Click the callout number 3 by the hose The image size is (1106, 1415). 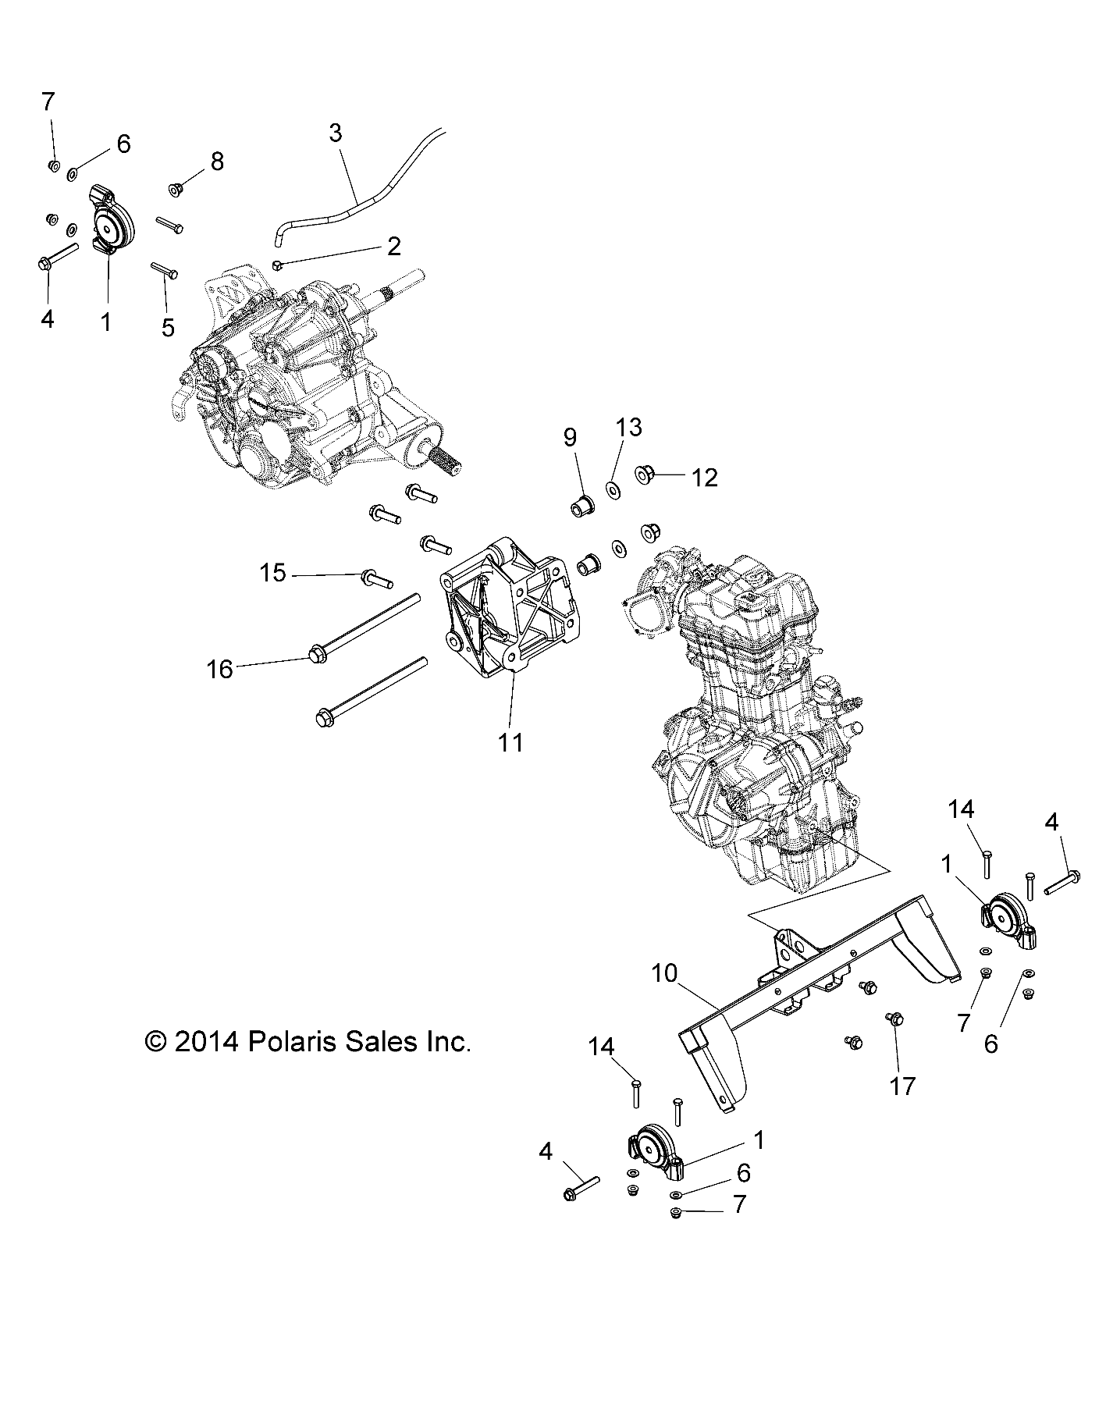coord(335,133)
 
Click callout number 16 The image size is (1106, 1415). coord(220,669)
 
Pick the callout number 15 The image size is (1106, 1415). coord(272,574)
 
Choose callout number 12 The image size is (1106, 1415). coord(704,478)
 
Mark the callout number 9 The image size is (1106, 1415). coord(570,437)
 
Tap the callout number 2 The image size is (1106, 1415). coord(393,247)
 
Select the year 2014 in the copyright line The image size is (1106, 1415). coord(205,1041)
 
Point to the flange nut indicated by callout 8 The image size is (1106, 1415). coord(176,189)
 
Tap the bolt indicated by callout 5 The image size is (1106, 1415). coord(165,270)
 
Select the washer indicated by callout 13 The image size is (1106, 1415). coord(613,492)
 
